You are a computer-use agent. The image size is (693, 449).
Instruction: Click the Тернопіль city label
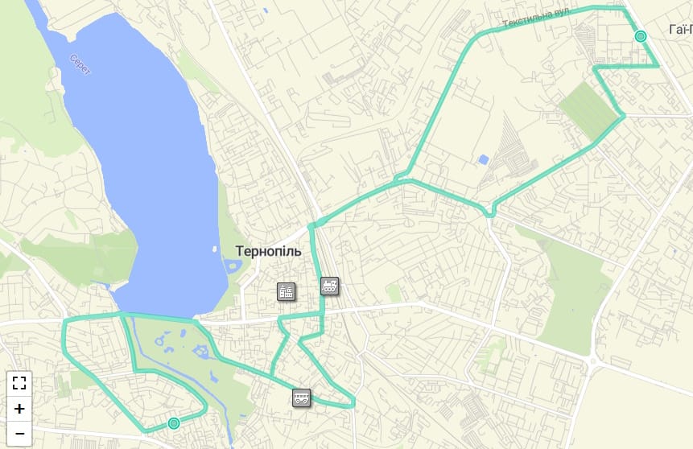click(x=268, y=251)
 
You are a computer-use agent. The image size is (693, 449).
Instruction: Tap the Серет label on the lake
click(x=80, y=64)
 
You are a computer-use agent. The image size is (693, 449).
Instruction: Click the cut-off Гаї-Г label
click(x=680, y=30)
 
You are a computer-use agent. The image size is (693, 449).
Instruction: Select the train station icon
click(x=329, y=285)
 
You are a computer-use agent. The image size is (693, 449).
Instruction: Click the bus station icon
click(x=301, y=397)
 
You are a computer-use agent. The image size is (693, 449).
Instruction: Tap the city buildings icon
click(x=286, y=291)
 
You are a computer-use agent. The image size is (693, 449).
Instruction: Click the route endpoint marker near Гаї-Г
click(x=641, y=36)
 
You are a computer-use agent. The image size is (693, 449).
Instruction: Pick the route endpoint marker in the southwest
click(x=173, y=423)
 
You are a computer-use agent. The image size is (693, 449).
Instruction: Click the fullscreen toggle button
click(x=19, y=383)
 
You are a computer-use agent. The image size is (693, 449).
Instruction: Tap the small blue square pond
click(x=483, y=159)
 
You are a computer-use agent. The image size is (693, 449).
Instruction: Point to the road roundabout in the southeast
click(x=594, y=362)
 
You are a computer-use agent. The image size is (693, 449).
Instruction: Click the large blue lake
click(x=145, y=161)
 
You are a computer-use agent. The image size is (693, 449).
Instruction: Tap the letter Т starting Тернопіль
click(x=240, y=251)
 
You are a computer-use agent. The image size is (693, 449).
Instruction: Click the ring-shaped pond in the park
click(x=200, y=352)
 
